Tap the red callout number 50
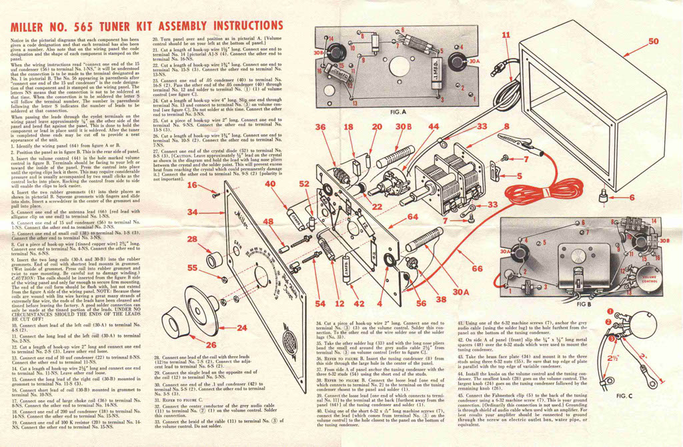(x=653, y=41)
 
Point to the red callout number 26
(x=211, y=345)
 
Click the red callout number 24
(x=241, y=328)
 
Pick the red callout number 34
(x=192, y=212)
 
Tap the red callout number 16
(x=192, y=185)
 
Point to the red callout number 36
(x=321, y=127)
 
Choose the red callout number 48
(x=268, y=222)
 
